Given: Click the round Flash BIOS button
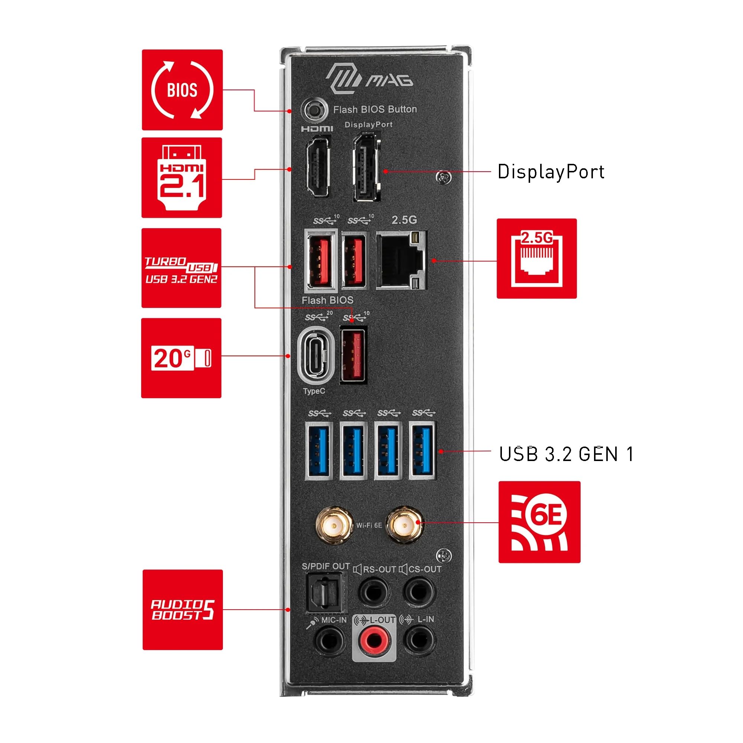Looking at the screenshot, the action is (314, 110).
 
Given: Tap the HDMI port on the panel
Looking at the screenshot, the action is (317, 168).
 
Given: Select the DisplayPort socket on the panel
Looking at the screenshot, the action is (366, 166).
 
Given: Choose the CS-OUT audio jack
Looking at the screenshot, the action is (419, 592).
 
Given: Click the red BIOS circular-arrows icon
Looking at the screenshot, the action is (182, 90).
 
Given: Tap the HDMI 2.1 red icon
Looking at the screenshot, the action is (182, 178).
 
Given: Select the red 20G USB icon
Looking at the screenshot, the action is (181, 358).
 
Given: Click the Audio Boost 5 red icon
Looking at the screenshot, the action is (183, 610).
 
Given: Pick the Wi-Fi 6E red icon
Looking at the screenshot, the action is (539, 522).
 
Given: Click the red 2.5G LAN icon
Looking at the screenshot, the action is (536, 259).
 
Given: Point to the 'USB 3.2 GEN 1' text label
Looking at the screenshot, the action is (566, 454).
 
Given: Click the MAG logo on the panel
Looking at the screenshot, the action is (369, 78).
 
